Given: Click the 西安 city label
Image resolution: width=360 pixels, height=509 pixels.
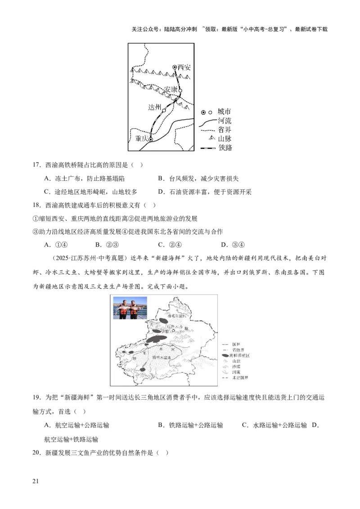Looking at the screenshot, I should tap(184, 67).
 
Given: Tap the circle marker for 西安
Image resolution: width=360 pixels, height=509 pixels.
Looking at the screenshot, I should tap(175, 67).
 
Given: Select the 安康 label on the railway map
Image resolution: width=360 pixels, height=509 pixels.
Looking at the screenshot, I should tap(171, 90).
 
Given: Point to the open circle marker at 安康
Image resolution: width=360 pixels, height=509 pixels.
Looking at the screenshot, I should tap(180, 90).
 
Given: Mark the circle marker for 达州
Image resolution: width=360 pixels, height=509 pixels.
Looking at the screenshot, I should tap(164, 110).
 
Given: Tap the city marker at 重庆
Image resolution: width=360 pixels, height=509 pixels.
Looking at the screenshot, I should tap(151, 139).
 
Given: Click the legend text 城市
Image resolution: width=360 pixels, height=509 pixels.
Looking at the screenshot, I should tap(224, 112).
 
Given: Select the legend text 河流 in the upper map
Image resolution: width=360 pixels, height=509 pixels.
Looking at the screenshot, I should tap(224, 121).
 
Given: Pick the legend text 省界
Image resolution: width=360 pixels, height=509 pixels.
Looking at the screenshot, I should tap(224, 130).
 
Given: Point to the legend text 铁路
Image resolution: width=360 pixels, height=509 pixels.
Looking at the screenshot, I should tap(224, 148).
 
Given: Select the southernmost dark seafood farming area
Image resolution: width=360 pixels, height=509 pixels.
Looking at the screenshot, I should tap(143, 370).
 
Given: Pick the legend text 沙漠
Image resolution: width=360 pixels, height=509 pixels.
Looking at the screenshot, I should tap(236, 367).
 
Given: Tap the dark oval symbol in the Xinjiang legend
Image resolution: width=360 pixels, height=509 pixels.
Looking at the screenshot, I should tap(226, 355).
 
